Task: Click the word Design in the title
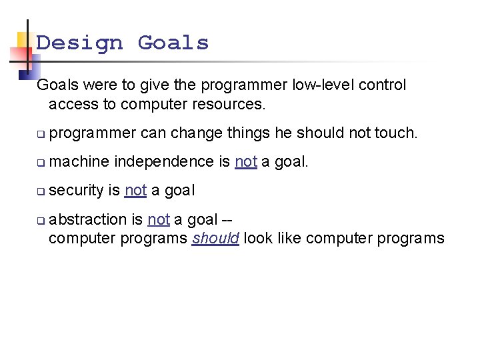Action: pyautogui.click(x=80, y=43)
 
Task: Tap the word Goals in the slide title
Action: pyautogui.click(x=173, y=43)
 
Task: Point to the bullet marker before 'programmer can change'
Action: pyautogui.click(x=41, y=134)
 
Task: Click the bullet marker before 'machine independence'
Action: pyautogui.click(x=41, y=163)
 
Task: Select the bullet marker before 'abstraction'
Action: pyautogui.click(x=41, y=221)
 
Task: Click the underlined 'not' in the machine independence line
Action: pyautogui.click(x=246, y=162)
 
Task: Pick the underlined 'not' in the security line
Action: pyautogui.click(x=135, y=191)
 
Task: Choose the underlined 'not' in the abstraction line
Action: pyautogui.click(x=159, y=219)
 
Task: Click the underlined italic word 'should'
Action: pyautogui.click(x=215, y=239)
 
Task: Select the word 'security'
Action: pyautogui.click(x=76, y=191)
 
